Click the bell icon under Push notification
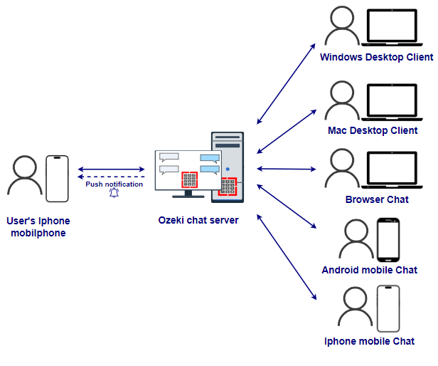click(114, 192)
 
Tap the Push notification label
click(114, 184)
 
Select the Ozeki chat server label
click(198, 220)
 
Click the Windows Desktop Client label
click(376, 57)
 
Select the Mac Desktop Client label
click(373, 130)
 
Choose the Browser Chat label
click(377, 199)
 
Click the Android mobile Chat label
click(369, 270)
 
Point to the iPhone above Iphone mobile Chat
click(388, 308)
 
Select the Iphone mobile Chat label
click(369, 342)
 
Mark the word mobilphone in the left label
click(38, 233)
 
